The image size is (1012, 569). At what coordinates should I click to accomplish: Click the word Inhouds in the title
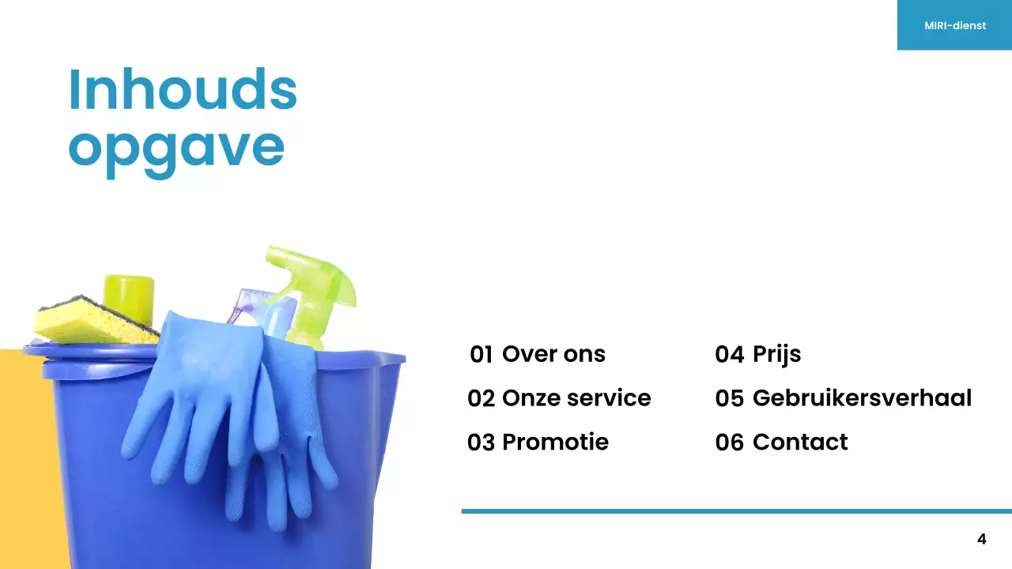183,89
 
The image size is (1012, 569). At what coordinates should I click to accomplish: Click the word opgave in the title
176,147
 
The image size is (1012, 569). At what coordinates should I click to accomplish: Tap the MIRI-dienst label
954,25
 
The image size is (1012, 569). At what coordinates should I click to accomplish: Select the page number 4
981,540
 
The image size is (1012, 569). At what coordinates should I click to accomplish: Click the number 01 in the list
481,355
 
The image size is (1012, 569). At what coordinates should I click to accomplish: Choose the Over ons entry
553,355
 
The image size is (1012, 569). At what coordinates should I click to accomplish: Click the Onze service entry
576,398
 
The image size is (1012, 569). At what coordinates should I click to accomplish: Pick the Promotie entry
555,442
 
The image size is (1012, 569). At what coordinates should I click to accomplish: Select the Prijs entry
776,355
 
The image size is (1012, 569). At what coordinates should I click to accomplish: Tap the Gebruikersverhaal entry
862,398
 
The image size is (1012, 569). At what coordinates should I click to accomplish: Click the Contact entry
799,442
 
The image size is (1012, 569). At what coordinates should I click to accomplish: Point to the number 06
729,443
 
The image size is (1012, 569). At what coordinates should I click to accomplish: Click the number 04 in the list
729,355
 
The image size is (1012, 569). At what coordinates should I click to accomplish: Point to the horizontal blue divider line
735,511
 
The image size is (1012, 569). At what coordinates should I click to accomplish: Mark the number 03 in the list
481,443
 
